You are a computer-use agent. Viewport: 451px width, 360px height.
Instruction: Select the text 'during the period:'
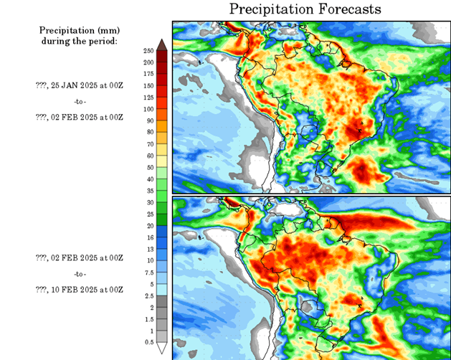click(x=80, y=41)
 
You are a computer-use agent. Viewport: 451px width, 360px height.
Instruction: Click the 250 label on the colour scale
click(x=149, y=51)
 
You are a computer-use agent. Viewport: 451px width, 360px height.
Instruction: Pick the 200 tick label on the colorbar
click(x=149, y=62)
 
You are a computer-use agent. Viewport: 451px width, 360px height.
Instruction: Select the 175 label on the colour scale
click(x=149, y=74)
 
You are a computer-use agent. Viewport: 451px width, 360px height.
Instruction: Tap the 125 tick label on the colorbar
click(x=149, y=97)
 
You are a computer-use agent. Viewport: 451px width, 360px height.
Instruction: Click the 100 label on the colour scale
click(x=149, y=109)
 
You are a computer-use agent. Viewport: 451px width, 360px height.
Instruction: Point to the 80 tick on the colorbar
click(x=149, y=132)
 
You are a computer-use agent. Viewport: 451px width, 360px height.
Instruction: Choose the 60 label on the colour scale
click(x=149, y=155)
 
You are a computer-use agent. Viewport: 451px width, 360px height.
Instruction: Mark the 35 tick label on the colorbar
click(x=149, y=190)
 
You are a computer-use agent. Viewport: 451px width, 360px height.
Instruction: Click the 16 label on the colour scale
click(x=149, y=237)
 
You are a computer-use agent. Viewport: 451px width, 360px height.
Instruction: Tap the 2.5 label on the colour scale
click(x=148, y=295)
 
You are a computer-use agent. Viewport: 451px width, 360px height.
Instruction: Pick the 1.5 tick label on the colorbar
click(x=148, y=318)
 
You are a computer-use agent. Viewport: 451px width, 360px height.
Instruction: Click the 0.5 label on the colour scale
click(x=148, y=341)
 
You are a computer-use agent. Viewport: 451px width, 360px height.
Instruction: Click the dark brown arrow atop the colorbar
click(x=163, y=45)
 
